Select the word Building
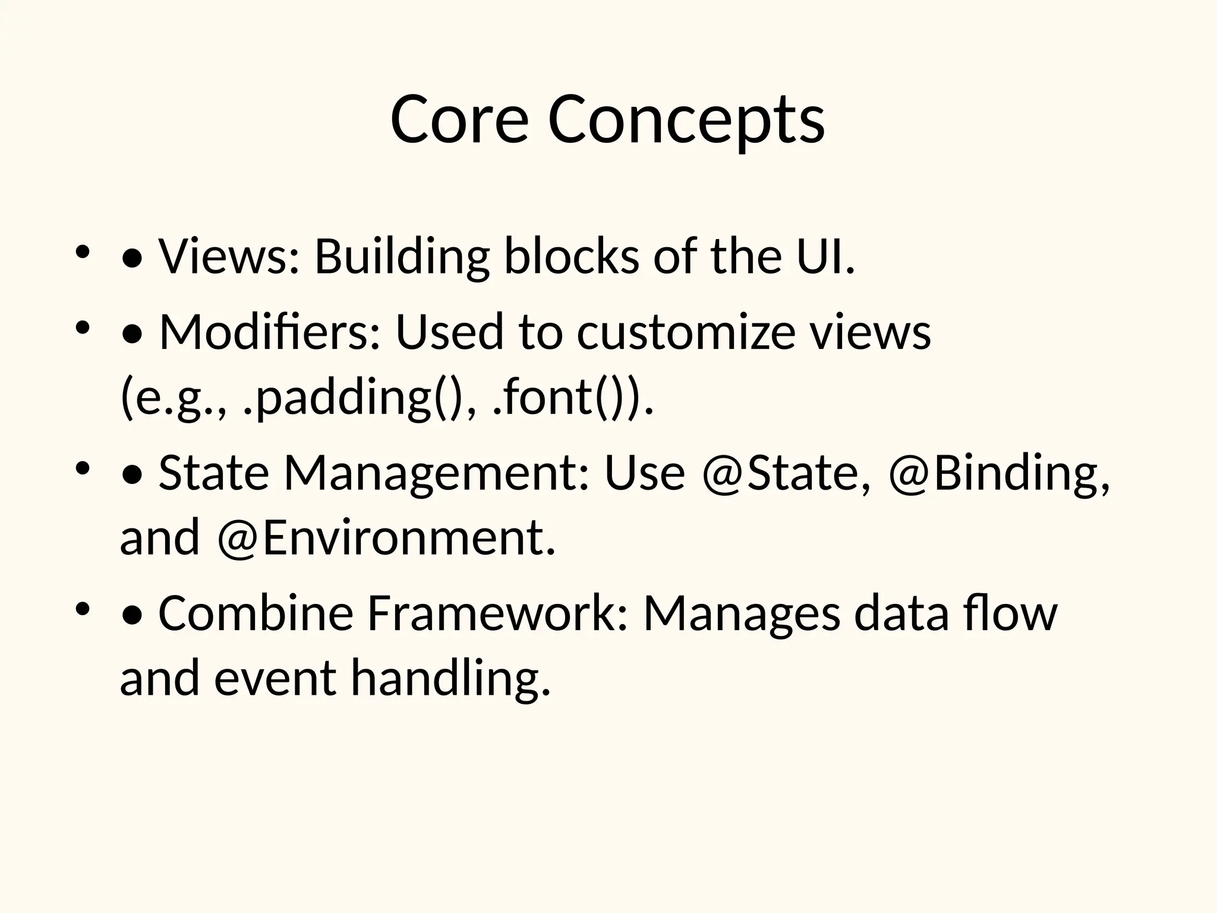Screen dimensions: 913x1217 pyautogui.click(x=402, y=257)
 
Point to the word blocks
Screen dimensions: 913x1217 pyautogui.click(x=572, y=257)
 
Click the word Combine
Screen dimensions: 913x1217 pyautogui.click(x=256, y=613)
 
